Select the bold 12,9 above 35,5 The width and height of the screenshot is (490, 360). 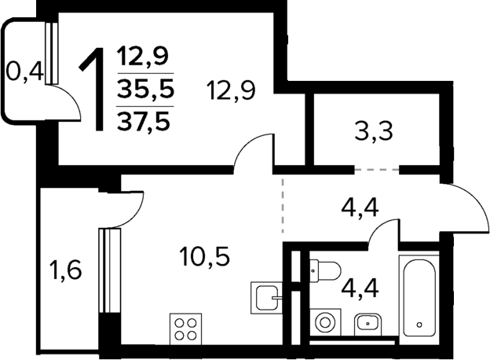(x=144, y=57)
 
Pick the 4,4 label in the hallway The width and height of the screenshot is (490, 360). (x=360, y=210)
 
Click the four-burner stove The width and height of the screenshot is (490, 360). (x=186, y=329)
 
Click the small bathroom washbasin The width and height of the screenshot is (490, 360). (x=367, y=322)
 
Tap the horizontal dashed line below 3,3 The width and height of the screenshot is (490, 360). (x=376, y=168)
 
